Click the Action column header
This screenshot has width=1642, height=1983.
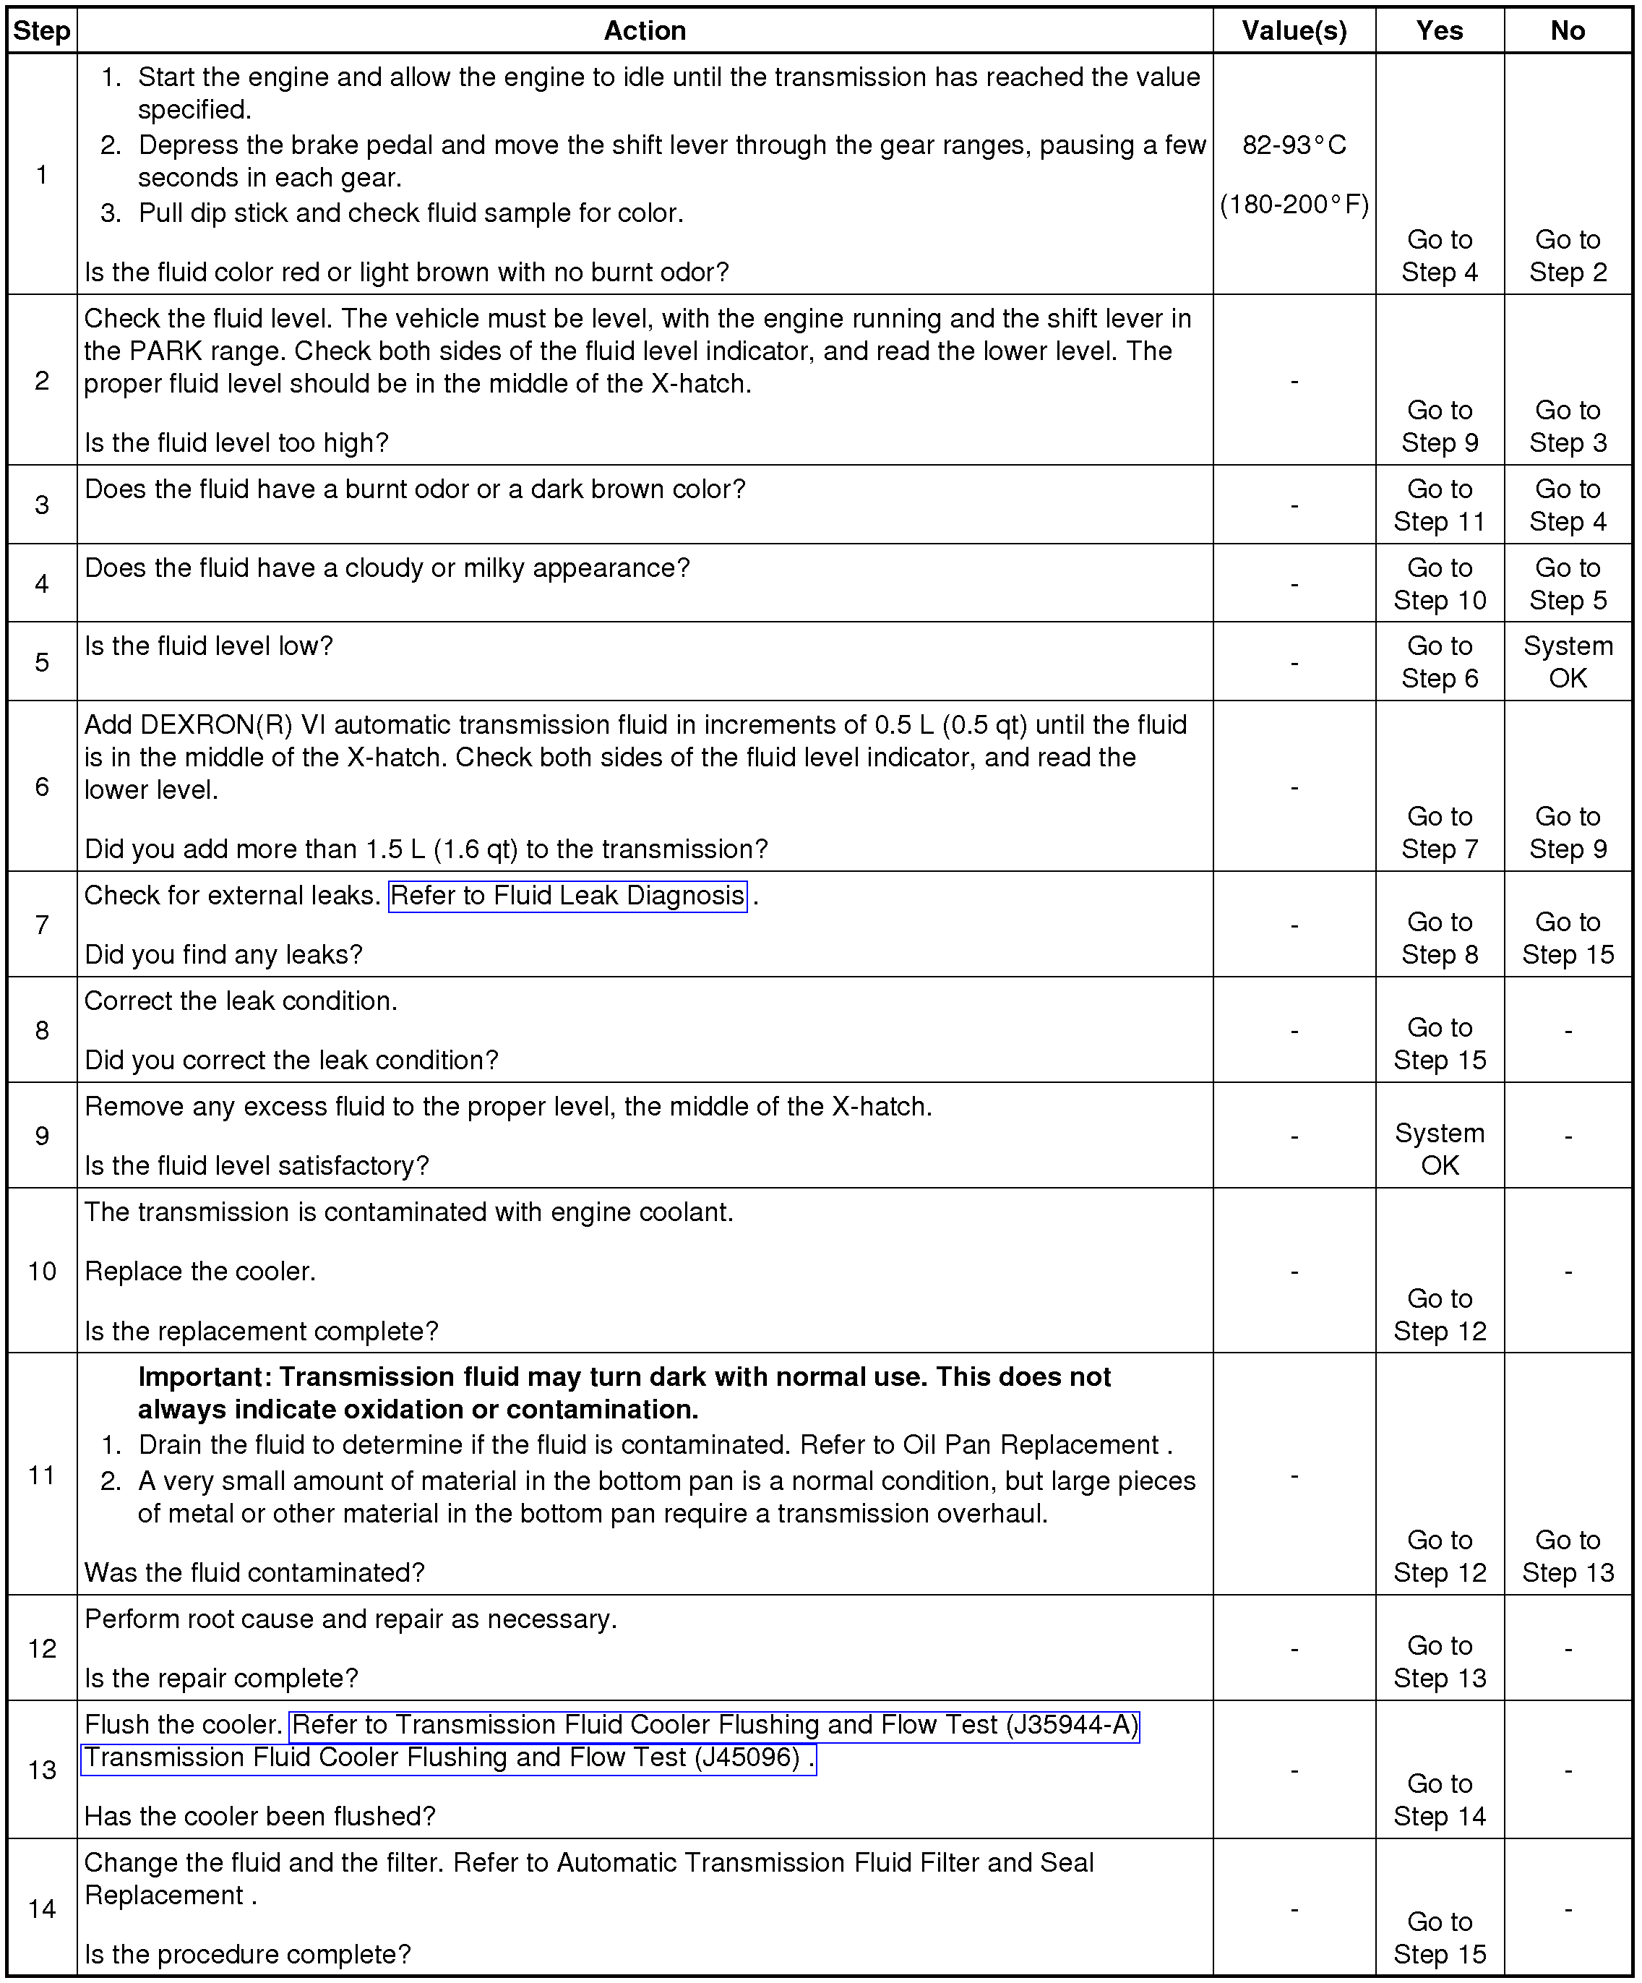pyautogui.click(x=644, y=31)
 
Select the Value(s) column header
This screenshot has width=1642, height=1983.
pyautogui.click(x=1294, y=31)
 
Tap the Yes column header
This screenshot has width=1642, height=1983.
pyautogui.click(x=1439, y=31)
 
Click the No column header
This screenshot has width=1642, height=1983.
pyautogui.click(x=1568, y=31)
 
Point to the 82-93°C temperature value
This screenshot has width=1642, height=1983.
pyautogui.click(x=1294, y=145)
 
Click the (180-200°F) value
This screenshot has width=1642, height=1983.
pyautogui.click(x=1294, y=205)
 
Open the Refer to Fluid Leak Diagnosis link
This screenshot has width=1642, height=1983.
pyautogui.click(x=567, y=895)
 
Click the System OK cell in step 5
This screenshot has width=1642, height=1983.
pyautogui.click(x=1568, y=662)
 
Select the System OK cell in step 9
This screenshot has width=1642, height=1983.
pyautogui.click(x=1439, y=1149)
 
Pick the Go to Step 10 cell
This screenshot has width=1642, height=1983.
pyautogui.click(x=1439, y=583)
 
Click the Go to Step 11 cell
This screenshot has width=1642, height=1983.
pyautogui.click(x=1439, y=505)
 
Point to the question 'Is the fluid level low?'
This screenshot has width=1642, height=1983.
pyautogui.click(x=209, y=646)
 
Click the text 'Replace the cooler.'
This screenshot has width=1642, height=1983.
pyautogui.click(x=200, y=1271)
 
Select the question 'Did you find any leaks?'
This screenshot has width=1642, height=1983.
pyautogui.click(x=224, y=955)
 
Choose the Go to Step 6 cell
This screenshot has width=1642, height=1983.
pyautogui.click(x=1439, y=662)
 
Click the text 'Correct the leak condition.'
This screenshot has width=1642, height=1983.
pyautogui.click(x=241, y=1001)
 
